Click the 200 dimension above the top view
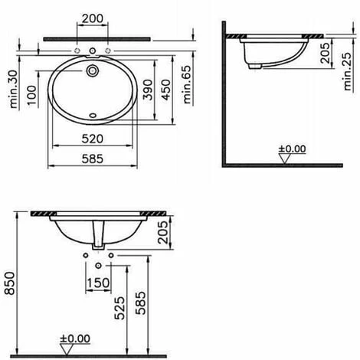[x=93, y=17]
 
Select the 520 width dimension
[x=93, y=139]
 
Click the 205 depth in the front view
[x=162, y=231]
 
